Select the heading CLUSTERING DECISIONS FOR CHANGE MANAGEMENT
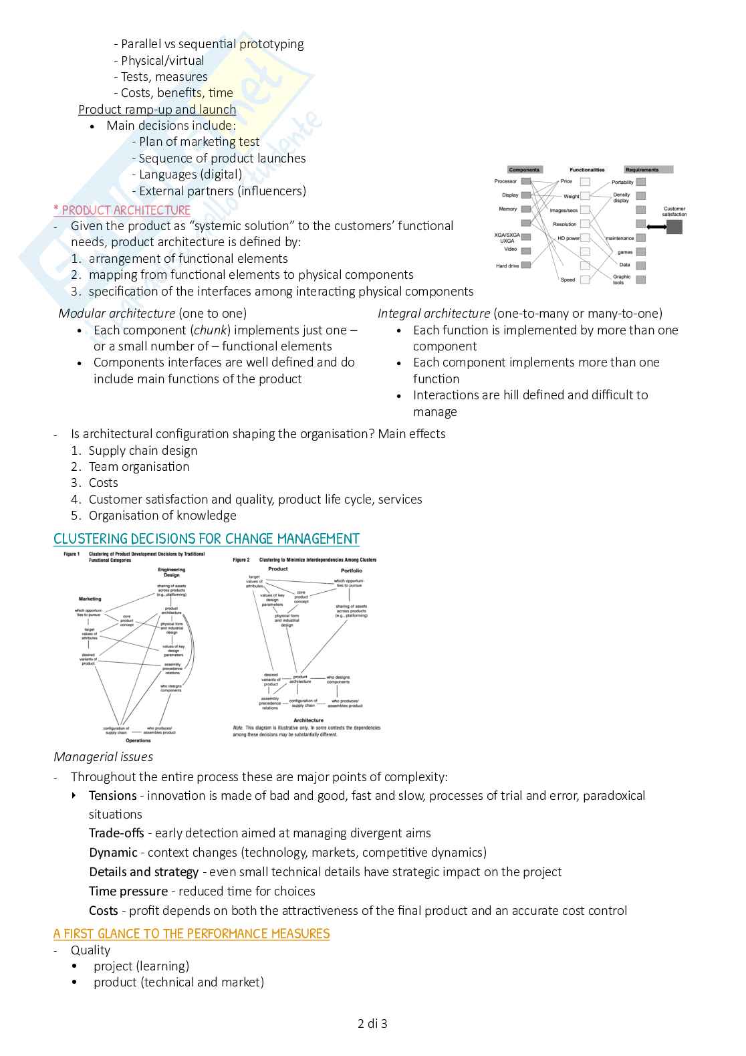click(x=207, y=539)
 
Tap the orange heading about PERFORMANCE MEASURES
click(x=192, y=934)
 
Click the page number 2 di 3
click(x=372, y=1023)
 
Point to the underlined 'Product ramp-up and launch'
click(x=157, y=110)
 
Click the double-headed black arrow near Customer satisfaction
click(x=656, y=227)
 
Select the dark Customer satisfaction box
click(x=674, y=227)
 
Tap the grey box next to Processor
click(x=526, y=181)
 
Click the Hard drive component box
click(x=526, y=266)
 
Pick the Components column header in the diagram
click(x=524, y=170)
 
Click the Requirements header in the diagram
click(x=642, y=170)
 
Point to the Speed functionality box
click(x=585, y=280)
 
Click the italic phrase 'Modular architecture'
click(x=117, y=314)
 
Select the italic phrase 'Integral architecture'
click(x=434, y=314)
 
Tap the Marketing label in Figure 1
click(x=90, y=599)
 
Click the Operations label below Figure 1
click(x=138, y=740)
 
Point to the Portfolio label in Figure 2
click(x=352, y=570)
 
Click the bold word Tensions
click(x=113, y=796)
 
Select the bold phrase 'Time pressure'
click(x=128, y=891)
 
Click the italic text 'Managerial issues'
click(x=104, y=757)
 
